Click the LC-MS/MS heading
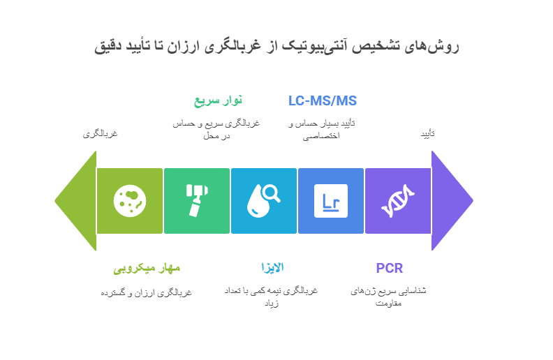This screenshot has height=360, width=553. (x=323, y=101)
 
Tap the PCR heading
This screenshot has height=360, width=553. (x=389, y=268)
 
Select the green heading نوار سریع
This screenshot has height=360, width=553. (x=218, y=101)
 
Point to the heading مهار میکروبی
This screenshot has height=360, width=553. (x=147, y=268)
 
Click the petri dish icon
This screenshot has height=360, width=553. (x=130, y=201)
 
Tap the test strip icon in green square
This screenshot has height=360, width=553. (x=197, y=201)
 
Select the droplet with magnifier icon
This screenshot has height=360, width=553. (x=264, y=201)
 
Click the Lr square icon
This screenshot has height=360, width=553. (x=331, y=201)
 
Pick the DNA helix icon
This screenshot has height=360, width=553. (x=398, y=201)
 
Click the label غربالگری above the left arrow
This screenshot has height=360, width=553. (x=101, y=133)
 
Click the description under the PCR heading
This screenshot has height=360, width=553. (x=389, y=297)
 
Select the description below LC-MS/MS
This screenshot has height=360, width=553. (x=322, y=129)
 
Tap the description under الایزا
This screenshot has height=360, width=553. (x=270, y=297)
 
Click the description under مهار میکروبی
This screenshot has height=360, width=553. (x=147, y=292)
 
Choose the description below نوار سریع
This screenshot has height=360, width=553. (x=216, y=129)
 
